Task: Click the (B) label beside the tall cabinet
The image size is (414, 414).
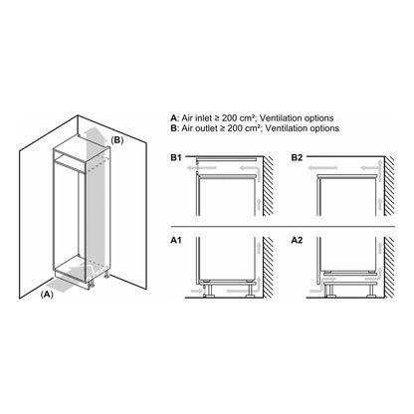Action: click(116, 140)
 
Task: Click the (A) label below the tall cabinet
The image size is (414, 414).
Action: click(46, 295)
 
